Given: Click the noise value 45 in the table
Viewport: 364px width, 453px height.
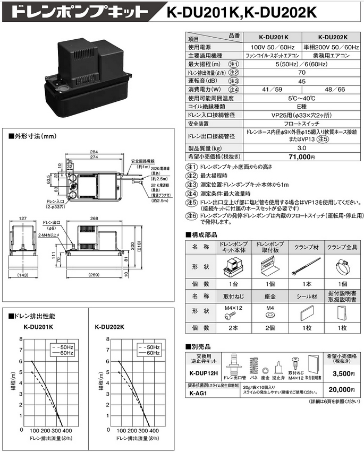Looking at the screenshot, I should click(302, 81).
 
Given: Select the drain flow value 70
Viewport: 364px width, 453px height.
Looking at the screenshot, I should click(302, 72).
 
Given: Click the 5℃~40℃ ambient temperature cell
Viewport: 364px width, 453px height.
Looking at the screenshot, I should click(302, 99).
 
